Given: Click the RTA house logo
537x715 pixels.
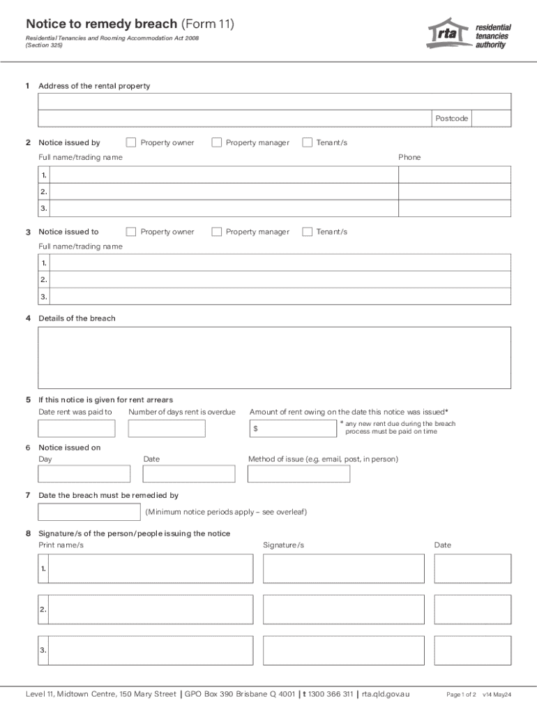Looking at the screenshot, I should pyautogui.click(x=448, y=33).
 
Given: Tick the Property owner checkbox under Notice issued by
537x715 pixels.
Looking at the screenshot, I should pyautogui.click(x=131, y=142).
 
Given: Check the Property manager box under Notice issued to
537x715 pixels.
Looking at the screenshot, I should pyautogui.click(x=216, y=232).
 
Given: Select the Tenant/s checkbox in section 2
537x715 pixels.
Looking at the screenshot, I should pyautogui.click(x=307, y=142).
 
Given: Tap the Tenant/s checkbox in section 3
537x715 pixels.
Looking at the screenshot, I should pyautogui.click(x=307, y=232).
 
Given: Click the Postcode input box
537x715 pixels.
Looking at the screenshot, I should pyautogui.click(x=492, y=119).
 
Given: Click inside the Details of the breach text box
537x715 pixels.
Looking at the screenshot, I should pyautogui.click(x=274, y=357).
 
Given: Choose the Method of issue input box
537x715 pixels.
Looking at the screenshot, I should pyautogui.click(x=298, y=474).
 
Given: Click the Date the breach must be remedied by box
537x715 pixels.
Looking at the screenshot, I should pyautogui.click(x=89, y=512).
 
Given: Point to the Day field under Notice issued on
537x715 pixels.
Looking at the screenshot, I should pyautogui.click(x=84, y=474).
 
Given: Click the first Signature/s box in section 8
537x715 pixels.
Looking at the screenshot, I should pyautogui.click(x=343, y=568).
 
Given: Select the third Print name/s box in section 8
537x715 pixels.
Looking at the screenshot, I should pyautogui.click(x=151, y=649).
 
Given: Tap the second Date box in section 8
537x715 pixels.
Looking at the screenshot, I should pyautogui.click(x=472, y=609).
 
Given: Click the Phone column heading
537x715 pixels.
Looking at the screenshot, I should pyautogui.click(x=409, y=157).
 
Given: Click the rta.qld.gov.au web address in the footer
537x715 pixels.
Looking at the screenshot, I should pyautogui.click(x=386, y=694).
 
